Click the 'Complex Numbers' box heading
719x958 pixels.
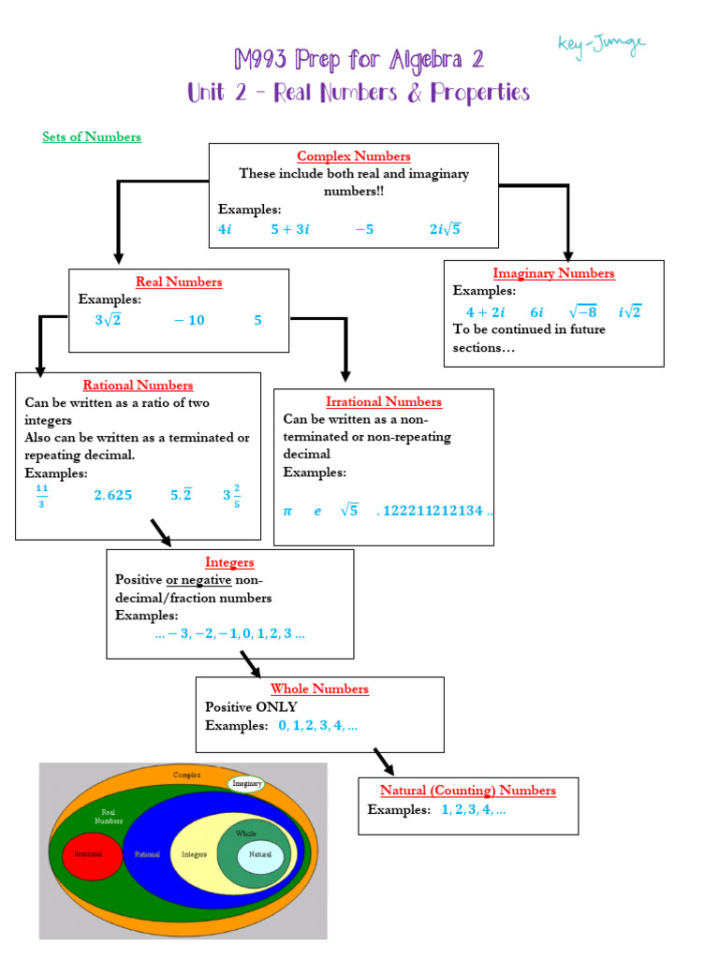pos(353,156)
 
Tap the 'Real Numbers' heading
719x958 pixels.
pos(179,282)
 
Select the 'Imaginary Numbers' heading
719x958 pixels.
pos(553,273)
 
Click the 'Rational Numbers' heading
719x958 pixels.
pos(138,385)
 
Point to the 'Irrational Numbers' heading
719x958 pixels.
pos(383,401)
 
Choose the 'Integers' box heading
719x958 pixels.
pos(229,562)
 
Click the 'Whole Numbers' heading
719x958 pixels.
pos(319,689)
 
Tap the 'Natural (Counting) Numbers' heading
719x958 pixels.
pos(467,791)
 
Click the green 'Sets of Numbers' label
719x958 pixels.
pos(92,137)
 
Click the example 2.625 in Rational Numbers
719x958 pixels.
pos(112,496)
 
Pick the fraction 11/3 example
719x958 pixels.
pos(41,496)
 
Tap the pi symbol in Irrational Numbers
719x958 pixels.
pos(288,511)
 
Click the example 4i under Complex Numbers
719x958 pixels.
pos(225,228)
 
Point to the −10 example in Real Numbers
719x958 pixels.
pos(189,320)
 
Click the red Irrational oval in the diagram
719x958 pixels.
pos(91,854)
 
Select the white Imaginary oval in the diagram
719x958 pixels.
pos(246,784)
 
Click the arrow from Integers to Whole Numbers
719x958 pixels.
pos(249,663)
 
